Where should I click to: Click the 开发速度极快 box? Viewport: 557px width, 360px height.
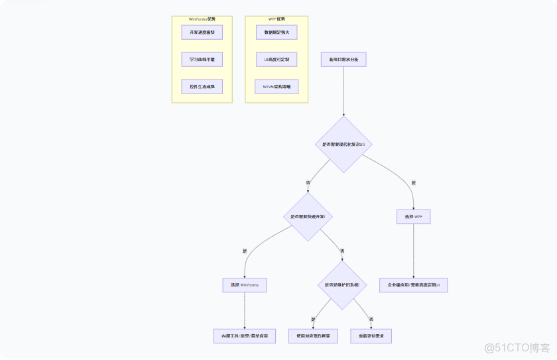[x=202, y=32]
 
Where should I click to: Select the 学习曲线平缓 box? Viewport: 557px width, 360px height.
[x=202, y=60]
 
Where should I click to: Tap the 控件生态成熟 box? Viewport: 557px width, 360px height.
[x=202, y=87]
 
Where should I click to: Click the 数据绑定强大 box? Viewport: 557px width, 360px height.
[x=277, y=32]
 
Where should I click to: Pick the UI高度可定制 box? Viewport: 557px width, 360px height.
[x=277, y=60]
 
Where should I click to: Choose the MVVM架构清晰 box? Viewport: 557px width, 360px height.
[x=277, y=87]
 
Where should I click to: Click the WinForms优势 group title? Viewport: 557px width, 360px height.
[x=202, y=19]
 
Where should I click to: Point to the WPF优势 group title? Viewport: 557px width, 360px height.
[x=277, y=19]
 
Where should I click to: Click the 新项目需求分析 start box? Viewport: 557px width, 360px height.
[x=343, y=60]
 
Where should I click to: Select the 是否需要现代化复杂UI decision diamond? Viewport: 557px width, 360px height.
[x=343, y=144]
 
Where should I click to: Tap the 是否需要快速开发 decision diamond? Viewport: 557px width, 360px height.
[x=308, y=217]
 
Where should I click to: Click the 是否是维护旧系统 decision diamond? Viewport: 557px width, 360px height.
[x=342, y=284]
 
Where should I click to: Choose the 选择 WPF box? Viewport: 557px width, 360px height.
[x=414, y=217]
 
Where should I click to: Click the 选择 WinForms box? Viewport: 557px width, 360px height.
[x=245, y=285]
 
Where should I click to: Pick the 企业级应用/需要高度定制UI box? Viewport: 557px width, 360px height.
[x=414, y=285]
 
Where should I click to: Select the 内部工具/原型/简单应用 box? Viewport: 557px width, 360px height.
[x=245, y=336]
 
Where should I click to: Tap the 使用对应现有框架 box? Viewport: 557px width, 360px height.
[x=313, y=336]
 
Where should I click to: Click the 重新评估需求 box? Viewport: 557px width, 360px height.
[x=371, y=336]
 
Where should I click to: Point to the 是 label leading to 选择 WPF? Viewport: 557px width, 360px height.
[x=414, y=183]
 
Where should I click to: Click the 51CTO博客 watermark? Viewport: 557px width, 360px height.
[x=517, y=347]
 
